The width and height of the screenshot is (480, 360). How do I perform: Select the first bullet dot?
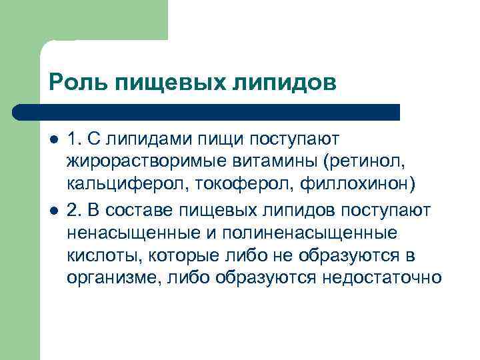[54, 140]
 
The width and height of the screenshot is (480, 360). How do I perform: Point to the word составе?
[140, 211]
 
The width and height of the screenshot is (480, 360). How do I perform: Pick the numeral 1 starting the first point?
[72, 139]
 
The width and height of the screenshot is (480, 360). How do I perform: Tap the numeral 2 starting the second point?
[73, 211]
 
